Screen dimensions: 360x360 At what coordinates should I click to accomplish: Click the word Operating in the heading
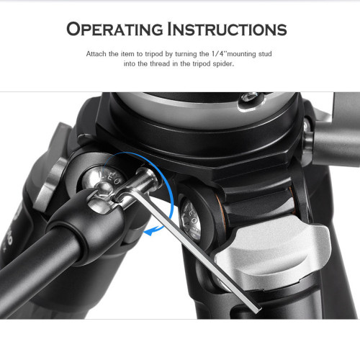coord(114,29)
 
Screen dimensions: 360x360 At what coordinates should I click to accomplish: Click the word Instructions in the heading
coord(227,29)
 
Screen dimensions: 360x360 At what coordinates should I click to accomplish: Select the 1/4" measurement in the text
coord(219,53)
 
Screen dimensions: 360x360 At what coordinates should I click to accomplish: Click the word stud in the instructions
coord(265,54)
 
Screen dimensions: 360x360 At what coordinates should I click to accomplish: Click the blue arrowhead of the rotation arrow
coord(150,231)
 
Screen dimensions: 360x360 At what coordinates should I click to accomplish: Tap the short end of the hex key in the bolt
coord(147,177)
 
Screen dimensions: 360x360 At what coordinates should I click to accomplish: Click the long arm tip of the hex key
coord(257,309)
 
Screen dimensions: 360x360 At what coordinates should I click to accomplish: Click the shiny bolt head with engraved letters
coord(103,179)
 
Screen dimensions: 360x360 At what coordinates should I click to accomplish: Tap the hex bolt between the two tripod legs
coord(192,221)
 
